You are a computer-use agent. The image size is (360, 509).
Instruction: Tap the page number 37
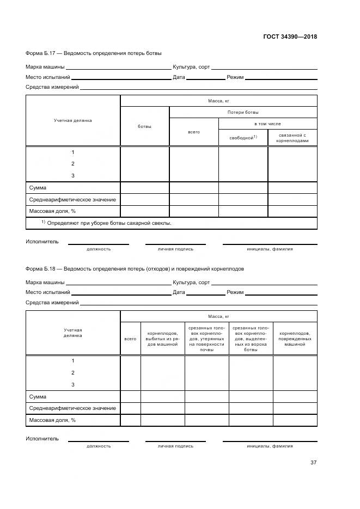[313, 463]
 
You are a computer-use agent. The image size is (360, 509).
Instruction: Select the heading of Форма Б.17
[94, 53]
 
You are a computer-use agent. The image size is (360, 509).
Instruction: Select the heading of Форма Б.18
[135, 268]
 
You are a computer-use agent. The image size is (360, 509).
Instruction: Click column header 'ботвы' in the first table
[144, 126]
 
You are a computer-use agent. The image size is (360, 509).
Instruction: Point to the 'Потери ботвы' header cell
[243, 112]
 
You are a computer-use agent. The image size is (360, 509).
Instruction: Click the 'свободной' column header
[243, 138]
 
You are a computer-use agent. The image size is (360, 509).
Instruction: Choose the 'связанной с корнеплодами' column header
[292, 138]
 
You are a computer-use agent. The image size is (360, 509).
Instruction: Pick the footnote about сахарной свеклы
[106, 223]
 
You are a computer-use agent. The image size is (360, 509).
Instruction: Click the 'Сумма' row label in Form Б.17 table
[38, 188]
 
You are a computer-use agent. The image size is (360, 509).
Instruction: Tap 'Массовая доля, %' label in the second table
[52, 420]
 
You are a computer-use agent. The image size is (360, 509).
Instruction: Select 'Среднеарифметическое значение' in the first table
[72, 200]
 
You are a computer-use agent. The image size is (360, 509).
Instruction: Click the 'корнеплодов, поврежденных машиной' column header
[295, 339]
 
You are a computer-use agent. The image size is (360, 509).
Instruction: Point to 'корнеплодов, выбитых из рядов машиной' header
[162, 339]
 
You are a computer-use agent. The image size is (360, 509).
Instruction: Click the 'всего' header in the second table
[130, 339]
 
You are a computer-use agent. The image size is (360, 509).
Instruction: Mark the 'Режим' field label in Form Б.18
[235, 292]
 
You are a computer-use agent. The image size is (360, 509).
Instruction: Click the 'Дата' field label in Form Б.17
[179, 77]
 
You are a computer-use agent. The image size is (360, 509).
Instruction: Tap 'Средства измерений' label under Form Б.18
[52, 303]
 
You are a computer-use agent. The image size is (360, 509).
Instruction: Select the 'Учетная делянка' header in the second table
[72, 333]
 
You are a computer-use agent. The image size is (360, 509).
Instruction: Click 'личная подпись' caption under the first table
[175, 249]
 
